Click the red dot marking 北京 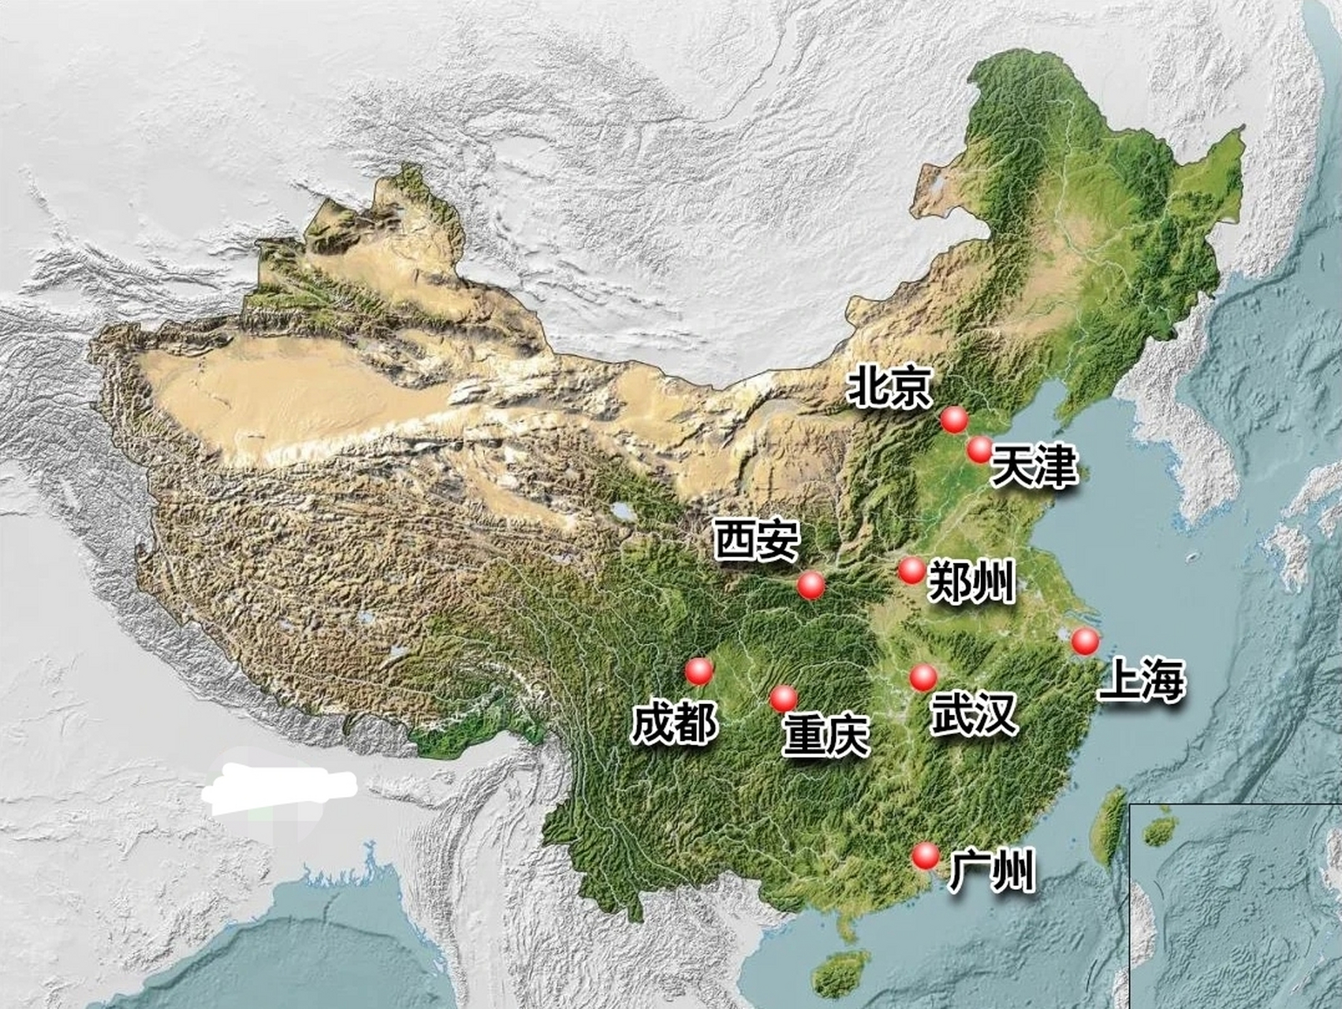click(954, 420)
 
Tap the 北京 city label click(889, 387)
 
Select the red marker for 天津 click(979, 449)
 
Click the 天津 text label click(1033, 467)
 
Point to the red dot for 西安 click(811, 586)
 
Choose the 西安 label click(756, 540)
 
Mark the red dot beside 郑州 click(911, 570)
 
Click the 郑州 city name click(971, 583)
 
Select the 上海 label click(1142, 680)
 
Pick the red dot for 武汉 click(923, 676)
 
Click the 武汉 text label click(973, 714)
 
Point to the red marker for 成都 click(699, 671)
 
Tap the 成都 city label click(674, 723)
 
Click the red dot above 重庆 click(784, 698)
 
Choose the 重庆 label click(826, 735)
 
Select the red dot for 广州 click(926, 855)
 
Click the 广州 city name click(991, 870)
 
